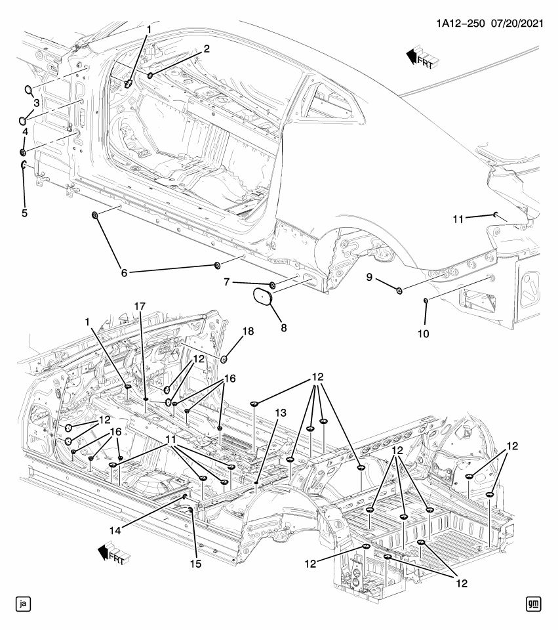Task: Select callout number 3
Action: (37, 103)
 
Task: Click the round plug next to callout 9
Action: (400, 290)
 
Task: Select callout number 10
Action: (424, 333)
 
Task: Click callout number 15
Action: (194, 563)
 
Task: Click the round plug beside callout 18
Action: (224, 358)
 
